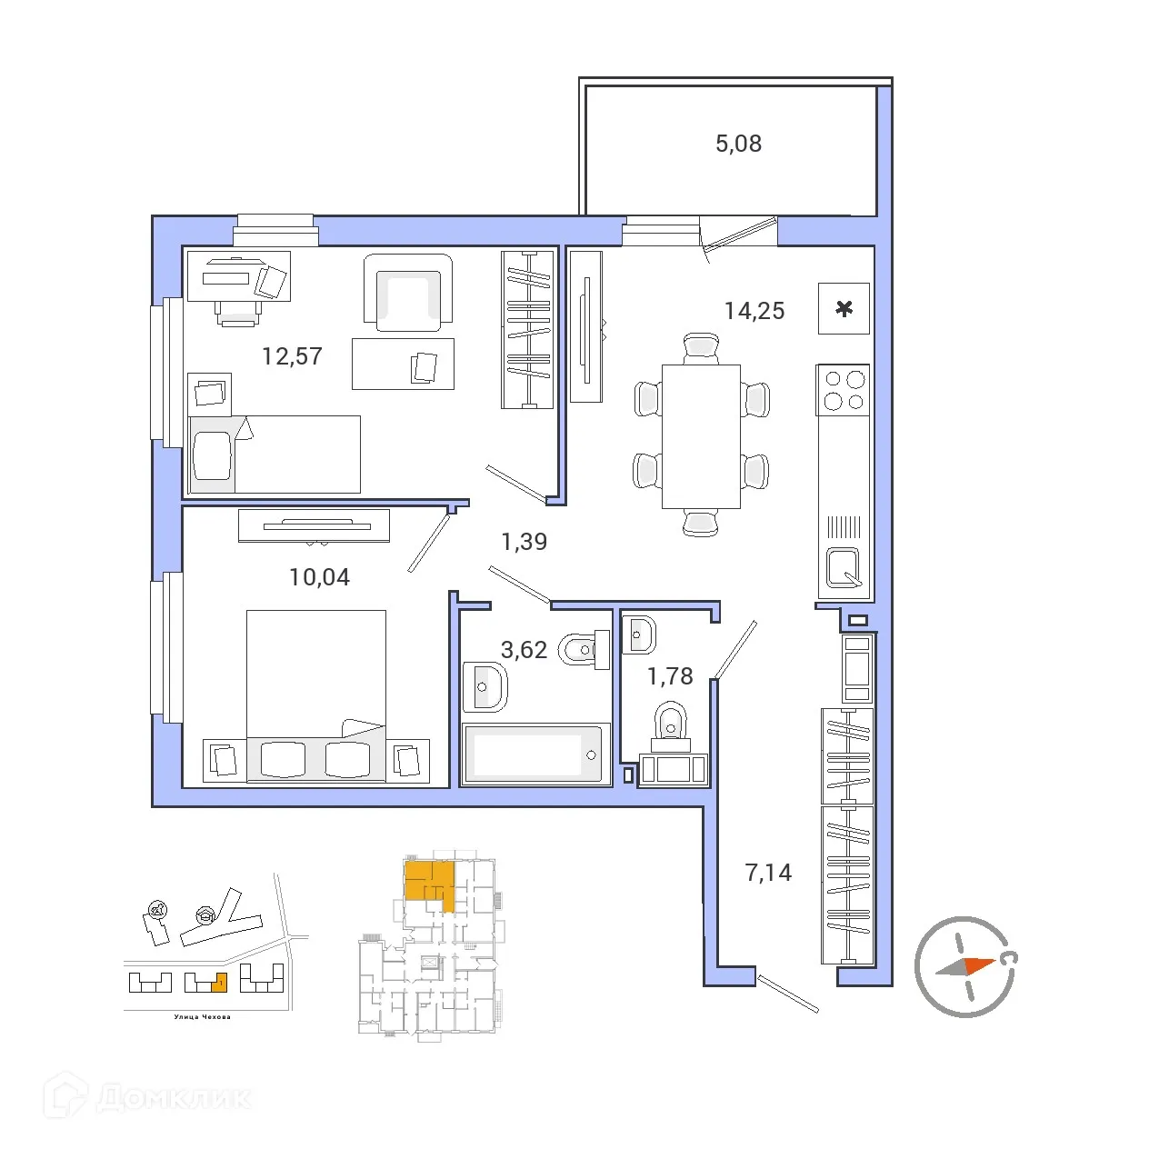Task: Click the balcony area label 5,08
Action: [x=738, y=144]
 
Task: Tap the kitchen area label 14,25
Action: [x=754, y=311]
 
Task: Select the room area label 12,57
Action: [x=292, y=356]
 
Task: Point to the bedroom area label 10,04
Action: [x=319, y=577]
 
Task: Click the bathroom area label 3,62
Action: [x=524, y=650]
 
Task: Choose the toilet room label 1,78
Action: [x=670, y=676]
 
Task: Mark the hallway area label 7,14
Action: [x=768, y=873]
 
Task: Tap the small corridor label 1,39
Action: [x=524, y=542]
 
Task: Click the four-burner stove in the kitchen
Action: [x=844, y=390]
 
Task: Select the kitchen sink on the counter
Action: [x=843, y=569]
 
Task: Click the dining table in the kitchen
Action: [x=701, y=436]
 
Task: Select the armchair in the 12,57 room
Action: [x=408, y=293]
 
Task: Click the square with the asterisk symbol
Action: [x=844, y=309]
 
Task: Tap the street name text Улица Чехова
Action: [x=202, y=1017]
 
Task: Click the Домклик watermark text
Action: [x=173, y=1097]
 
